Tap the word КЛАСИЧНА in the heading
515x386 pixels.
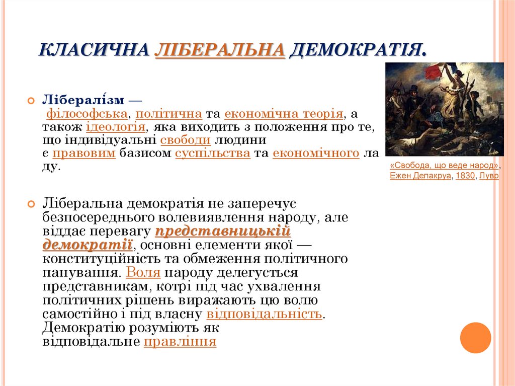pos(94,50)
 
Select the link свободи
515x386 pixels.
pos(186,140)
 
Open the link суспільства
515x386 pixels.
pos(213,153)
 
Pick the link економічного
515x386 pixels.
pos(316,153)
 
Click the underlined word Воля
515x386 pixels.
pos(143,273)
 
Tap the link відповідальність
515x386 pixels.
pos(264,314)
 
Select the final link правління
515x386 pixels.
pos(180,342)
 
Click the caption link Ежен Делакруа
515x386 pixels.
pos(420,176)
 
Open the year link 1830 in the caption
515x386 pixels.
pos(465,176)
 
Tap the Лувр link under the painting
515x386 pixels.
pos(489,176)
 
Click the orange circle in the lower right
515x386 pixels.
pos(475,337)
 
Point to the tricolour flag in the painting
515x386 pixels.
pos(441,70)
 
